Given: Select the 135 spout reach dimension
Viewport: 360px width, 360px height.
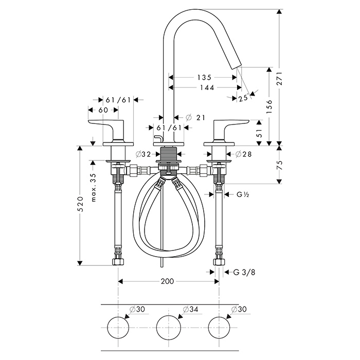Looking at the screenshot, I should pos(204,77).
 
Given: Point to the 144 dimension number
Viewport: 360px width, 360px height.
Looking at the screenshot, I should pos(204,87).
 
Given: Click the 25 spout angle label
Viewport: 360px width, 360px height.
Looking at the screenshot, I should pos(243,98).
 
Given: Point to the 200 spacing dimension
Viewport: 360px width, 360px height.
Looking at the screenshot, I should pos(168,281).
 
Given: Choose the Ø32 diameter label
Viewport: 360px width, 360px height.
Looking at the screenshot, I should pos(143,154).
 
